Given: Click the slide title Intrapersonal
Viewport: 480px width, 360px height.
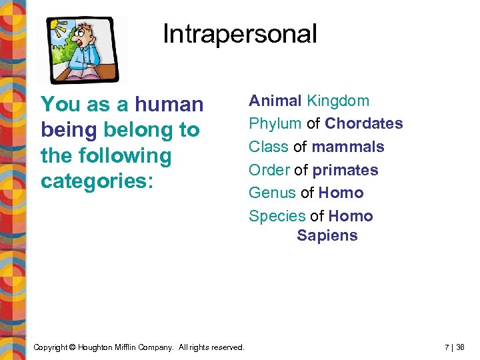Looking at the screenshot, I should (239, 34).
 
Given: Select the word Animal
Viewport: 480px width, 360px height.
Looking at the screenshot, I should (275, 101).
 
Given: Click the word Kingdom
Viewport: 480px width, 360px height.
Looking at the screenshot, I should (337, 101).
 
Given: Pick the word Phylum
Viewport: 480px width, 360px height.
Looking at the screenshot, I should (275, 124).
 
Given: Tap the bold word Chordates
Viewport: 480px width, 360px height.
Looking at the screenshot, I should (364, 124).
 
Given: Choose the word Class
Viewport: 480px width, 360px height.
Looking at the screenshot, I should (269, 147).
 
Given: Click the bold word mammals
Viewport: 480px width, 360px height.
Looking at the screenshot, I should (348, 147).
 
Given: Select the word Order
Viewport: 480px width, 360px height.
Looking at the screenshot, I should (269, 170).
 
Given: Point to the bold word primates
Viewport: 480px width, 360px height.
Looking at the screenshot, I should (345, 170).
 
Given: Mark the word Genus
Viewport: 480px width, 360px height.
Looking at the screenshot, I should (272, 193).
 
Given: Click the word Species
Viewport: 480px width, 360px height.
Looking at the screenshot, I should (277, 216).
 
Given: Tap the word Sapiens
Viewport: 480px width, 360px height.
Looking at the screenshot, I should (327, 235).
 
